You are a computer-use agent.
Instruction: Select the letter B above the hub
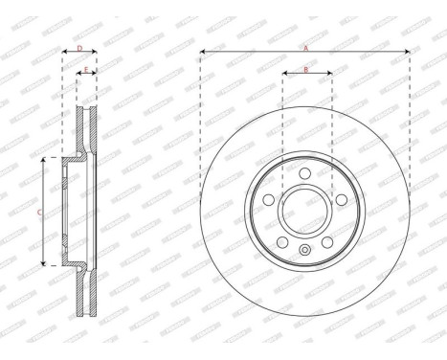[305, 68]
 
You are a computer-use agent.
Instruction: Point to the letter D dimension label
[78, 46]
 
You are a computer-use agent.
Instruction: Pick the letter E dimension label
[86, 69]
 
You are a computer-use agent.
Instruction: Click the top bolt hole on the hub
[304, 173]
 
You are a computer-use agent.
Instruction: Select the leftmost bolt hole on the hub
[270, 197]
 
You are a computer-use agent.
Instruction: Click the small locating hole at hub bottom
[304, 251]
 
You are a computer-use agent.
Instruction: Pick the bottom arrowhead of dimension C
[44, 263]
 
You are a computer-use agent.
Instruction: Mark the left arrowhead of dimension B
[285, 74]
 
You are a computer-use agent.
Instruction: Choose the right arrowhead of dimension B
[330, 74]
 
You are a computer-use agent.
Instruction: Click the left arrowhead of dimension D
[64, 52]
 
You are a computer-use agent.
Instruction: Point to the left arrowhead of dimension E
[78, 75]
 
